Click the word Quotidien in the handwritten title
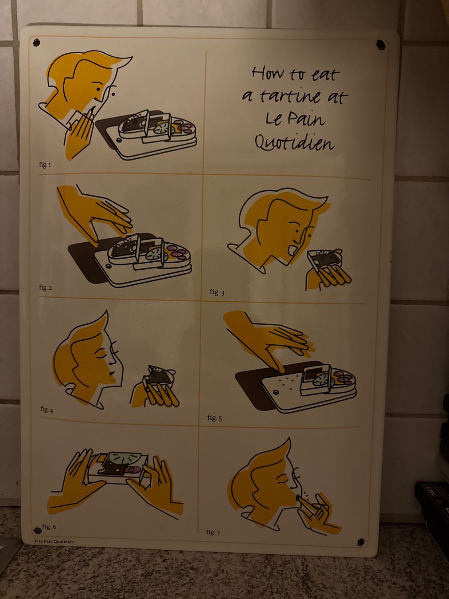[x=294, y=142]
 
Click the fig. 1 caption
[x=45, y=165]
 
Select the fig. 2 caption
[x=45, y=288]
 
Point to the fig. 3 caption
[x=217, y=292]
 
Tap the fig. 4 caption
[x=47, y=409]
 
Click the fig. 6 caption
[x=49, y=526]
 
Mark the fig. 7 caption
[x=213, y=532]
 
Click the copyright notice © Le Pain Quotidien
[x=54, y=541]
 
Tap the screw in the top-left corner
[x=36, y=42]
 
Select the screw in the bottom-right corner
[x=361, y=541]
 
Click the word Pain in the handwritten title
[x=309, y=119]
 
